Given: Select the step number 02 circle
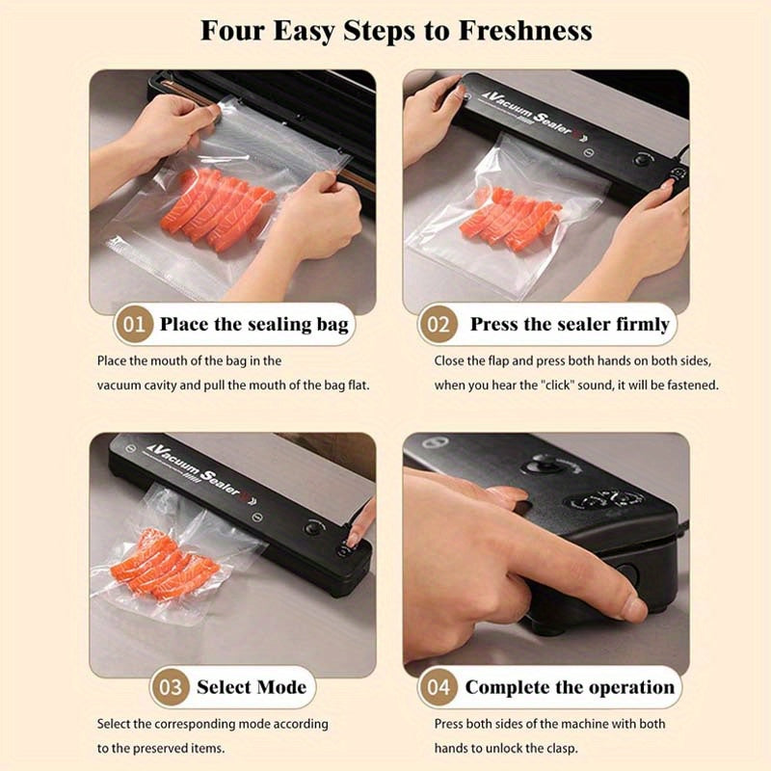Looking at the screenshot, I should click(x=439, y=324).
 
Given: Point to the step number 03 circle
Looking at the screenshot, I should click(x=170, y=687).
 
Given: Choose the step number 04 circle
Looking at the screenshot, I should click(x=439, y=687).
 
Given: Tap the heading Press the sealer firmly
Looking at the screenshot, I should click(x=569, y=324).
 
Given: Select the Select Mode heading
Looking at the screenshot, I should click(x=252, y=687).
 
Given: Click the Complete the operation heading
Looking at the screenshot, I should click(x=570, y=687).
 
